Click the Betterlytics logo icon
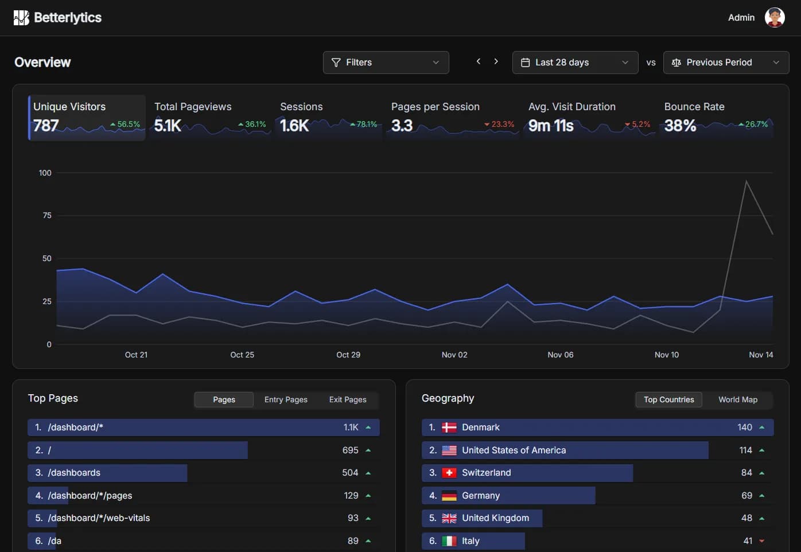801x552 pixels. coord(21,18)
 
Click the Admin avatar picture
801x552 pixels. coord(775,18)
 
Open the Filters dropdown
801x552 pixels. coord(386,63)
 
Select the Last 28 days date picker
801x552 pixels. coord(575,63)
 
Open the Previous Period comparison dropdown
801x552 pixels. coord(726,63)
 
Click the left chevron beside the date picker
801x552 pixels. coord(479,61)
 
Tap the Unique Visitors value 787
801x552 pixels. coord(46,125)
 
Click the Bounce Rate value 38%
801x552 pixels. coord(680,125)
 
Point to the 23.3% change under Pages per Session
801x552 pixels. coord(500,125)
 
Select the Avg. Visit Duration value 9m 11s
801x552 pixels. coord(551,125)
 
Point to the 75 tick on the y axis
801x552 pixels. coord(47,215)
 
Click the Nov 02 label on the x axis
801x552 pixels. coord(454,355)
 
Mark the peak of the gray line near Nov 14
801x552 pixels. coord(746,181)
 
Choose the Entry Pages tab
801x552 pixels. coord(286,399)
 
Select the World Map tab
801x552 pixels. coord(738,399)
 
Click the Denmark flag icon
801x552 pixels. coord(449,427)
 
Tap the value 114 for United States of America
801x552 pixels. coord(745,450)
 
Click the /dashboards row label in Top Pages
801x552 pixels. coord(74,473)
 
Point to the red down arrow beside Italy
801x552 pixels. coord(762,541)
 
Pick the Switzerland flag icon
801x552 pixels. coord(449,473)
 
